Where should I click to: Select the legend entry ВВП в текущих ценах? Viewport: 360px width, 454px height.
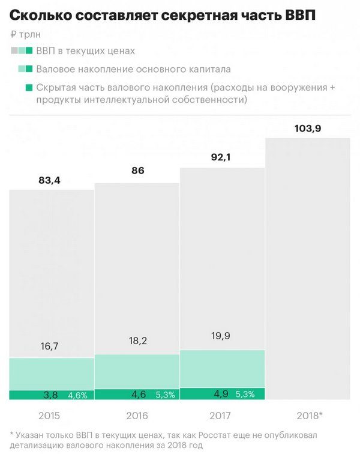click(x=85, y=51)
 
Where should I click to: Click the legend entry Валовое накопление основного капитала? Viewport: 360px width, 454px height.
click(x=133, y=69)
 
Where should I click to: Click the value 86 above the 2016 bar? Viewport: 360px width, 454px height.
click(x=137, y=171)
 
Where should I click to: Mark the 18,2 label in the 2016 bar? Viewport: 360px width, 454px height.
click(x=137, y=340)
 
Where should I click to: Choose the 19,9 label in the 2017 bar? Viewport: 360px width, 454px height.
click(x=221, y=336)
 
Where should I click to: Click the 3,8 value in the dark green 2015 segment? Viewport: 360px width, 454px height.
click(x=51, y=395)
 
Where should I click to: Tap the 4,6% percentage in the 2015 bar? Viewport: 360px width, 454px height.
click(x=77, y=395)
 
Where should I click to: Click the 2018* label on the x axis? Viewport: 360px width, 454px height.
click(x=308, y=416)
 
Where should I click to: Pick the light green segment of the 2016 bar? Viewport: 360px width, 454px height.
click(x=137, y=371)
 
